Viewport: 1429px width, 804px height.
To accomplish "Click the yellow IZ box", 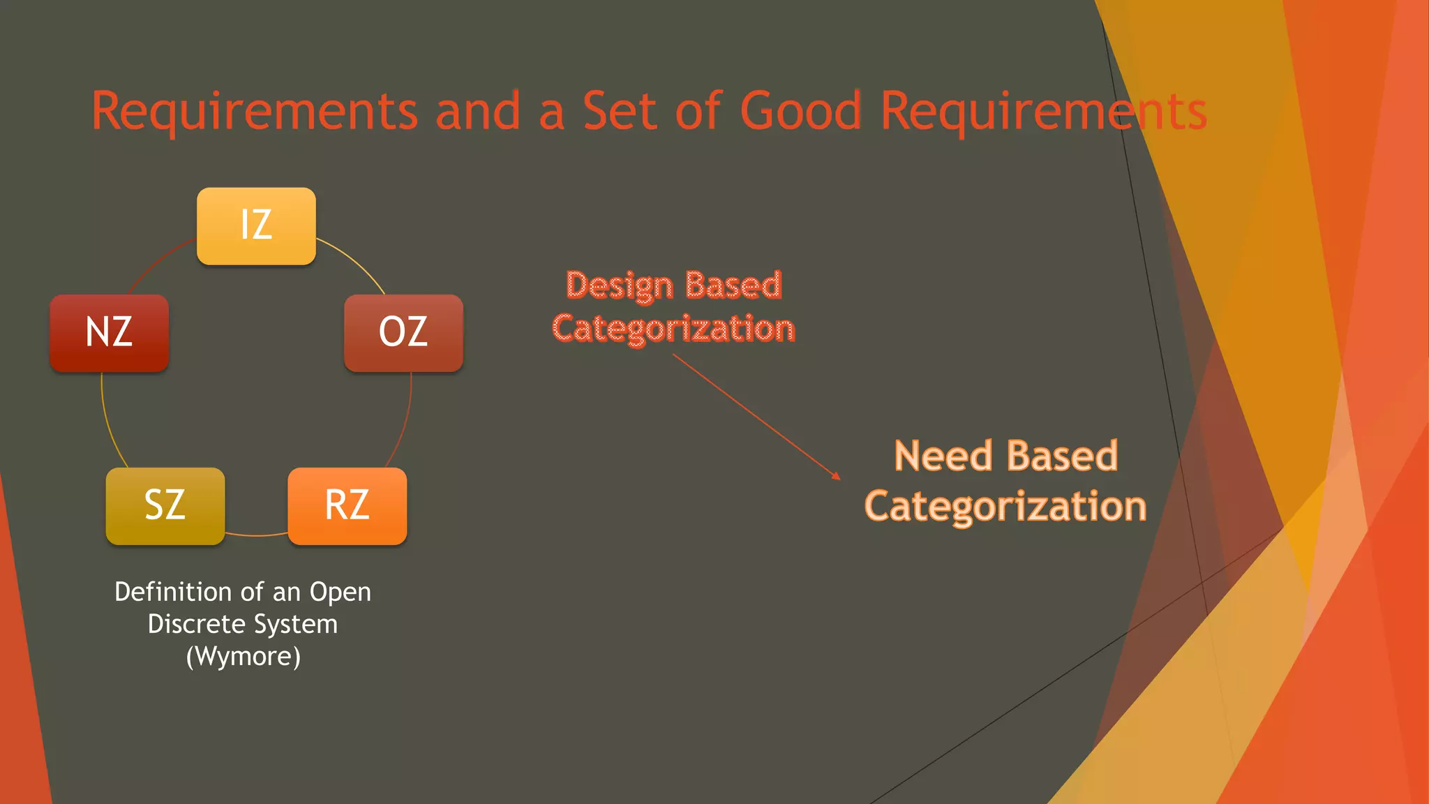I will (256, 226).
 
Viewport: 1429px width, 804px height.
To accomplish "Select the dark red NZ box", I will (109, 333).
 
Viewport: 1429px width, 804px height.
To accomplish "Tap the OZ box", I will (403, 333).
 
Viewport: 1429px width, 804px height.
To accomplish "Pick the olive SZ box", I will (165, 506).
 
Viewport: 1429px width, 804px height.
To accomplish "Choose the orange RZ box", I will (347, 506).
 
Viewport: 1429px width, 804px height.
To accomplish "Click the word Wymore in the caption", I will (244, 657).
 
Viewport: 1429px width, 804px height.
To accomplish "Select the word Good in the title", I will (800, 111).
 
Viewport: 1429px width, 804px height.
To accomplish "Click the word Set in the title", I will (620, 111).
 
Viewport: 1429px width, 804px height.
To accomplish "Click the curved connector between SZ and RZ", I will (257, 535).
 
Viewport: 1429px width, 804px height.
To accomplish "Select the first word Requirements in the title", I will (255, 111).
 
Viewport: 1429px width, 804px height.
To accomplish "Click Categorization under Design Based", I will (673, 329).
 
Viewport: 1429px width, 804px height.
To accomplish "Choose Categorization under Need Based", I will (1005, 506).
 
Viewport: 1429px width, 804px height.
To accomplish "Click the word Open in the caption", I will (341, 592).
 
